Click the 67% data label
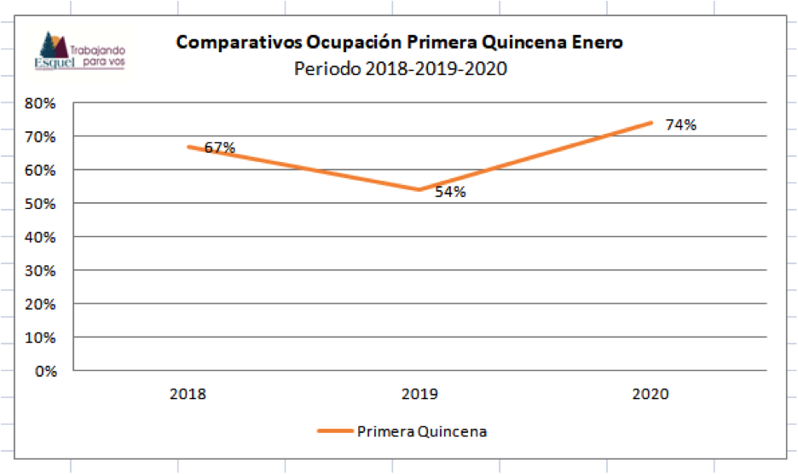coord(219,147)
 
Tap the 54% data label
coord(450,192)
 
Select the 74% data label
coord(680,125)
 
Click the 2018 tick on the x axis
coord(188,395)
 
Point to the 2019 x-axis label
coord(419,395)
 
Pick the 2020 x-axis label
coord(651,395)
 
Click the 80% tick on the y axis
coord(43,103)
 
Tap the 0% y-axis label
coord(46,371)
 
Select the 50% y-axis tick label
coord(43,204)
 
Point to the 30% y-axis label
coord(43,270)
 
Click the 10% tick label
coord(43,338)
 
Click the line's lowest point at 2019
coord(419,189)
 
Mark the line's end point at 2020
coord(651,123)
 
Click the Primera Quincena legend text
coord(422,431)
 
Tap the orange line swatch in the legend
coord(334,431)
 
